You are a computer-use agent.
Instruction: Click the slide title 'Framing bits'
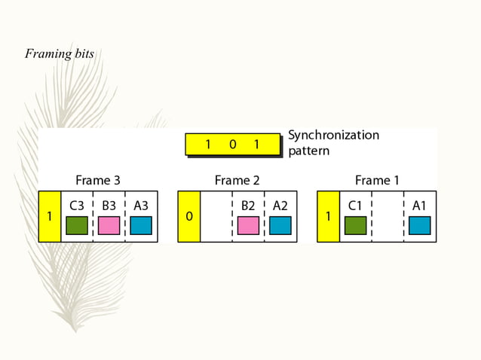coord(59,53)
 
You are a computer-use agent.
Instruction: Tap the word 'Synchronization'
coord(333,136)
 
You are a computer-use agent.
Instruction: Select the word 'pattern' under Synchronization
coord(308,151)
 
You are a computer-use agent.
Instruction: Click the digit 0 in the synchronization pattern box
coord(232,145)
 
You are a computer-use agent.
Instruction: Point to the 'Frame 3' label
coord(97,181)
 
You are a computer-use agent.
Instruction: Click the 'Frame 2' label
coord(237,181)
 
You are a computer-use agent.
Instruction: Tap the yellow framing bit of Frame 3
coord(50,216)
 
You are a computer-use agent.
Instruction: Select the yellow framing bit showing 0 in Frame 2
coord(189,216)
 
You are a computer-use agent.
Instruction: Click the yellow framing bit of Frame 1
coord(328,216)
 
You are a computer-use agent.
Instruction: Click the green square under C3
coord(77,225)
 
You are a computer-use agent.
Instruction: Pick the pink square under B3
coord(109,225)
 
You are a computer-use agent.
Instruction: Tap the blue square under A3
coord(141,225)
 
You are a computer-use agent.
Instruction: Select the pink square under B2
coord(248,225)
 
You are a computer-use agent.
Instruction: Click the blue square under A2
coord(280,225)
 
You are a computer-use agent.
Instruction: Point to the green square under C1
coord(355,225)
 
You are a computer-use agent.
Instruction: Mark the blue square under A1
coord(420,225)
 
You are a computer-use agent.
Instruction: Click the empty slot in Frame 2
coord(216,216)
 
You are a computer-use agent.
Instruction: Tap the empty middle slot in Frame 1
coord(388,216)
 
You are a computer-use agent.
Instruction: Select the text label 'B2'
coord(248,205)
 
